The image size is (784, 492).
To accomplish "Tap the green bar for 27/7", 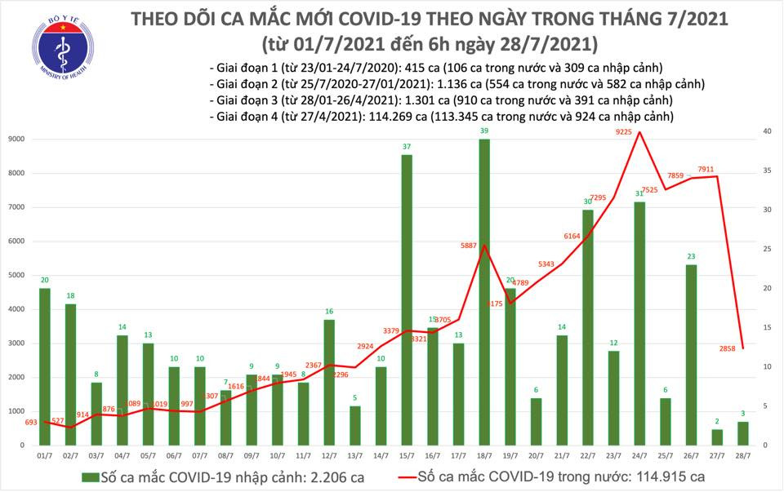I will [x=717, y=437].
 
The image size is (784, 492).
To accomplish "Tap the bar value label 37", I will [x=406, y=146].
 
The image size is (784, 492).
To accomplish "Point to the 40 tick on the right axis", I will [x=766, y=131].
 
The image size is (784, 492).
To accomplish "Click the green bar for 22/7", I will [x=587, y=327].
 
